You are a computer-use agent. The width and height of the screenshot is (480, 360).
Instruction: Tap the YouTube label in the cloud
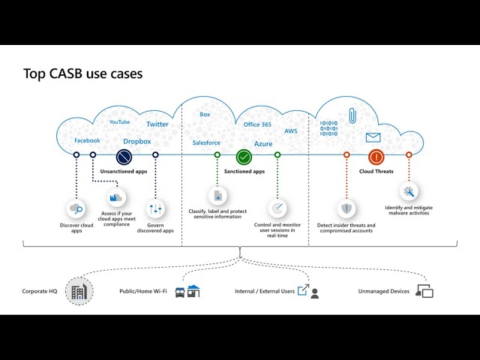[x=119, y=121]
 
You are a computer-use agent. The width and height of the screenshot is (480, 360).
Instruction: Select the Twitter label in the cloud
[x=157, y=124]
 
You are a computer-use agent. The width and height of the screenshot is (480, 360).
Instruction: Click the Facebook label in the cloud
[x=87, y=140]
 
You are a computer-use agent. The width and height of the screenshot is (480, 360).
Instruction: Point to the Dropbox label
[x=137, y=141]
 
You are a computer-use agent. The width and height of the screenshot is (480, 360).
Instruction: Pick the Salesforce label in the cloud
[x=205, y=142]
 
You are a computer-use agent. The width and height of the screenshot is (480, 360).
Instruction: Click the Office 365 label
[x=257, y=124]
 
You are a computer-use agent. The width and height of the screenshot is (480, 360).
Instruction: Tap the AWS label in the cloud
[x=291, y=130]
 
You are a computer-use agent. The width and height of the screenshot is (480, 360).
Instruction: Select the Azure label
[x=263, y=143]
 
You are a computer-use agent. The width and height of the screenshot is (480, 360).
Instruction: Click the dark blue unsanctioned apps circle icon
[x=124, y=157]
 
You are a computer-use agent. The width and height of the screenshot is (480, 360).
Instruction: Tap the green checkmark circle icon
[x=244, y=157]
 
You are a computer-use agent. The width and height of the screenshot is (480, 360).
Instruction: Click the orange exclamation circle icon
[x=376, y=157]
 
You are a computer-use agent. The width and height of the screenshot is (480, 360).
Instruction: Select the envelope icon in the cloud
[x=373, y=137]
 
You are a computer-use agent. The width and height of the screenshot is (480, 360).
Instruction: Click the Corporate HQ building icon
[x=78, y=291]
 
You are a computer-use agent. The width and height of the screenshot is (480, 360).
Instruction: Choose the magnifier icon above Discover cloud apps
[x=76, y=209]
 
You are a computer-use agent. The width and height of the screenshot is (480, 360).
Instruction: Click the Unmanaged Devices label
[x=383, y=291]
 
